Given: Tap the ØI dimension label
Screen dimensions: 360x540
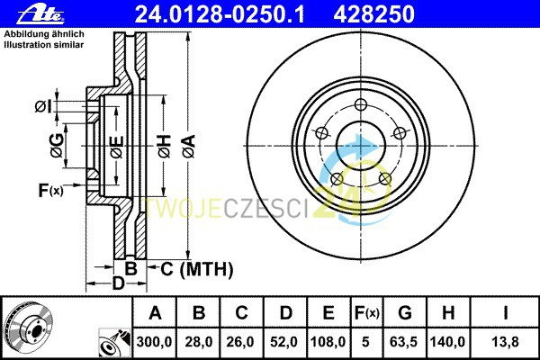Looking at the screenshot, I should (42, 107).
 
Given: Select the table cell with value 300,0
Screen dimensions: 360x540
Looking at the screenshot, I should (154, 340).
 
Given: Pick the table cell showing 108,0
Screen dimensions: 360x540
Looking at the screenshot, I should (328, 340).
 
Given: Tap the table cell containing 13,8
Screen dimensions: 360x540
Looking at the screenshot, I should (505, 340).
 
